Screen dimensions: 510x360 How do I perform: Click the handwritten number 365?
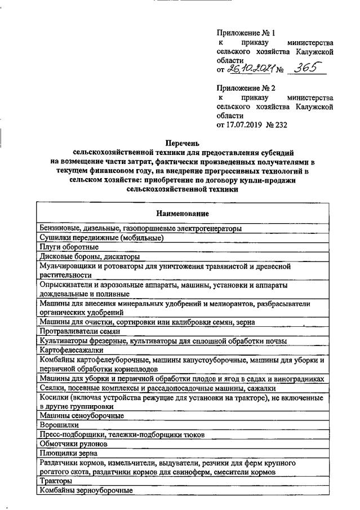[307, 68]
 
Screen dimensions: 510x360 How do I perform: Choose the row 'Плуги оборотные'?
[69, 247]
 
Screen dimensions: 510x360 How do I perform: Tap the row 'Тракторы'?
[56, 481]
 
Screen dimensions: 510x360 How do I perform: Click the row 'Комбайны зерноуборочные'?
[86, 490]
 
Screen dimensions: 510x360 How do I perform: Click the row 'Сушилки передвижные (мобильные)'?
[101, 238]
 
